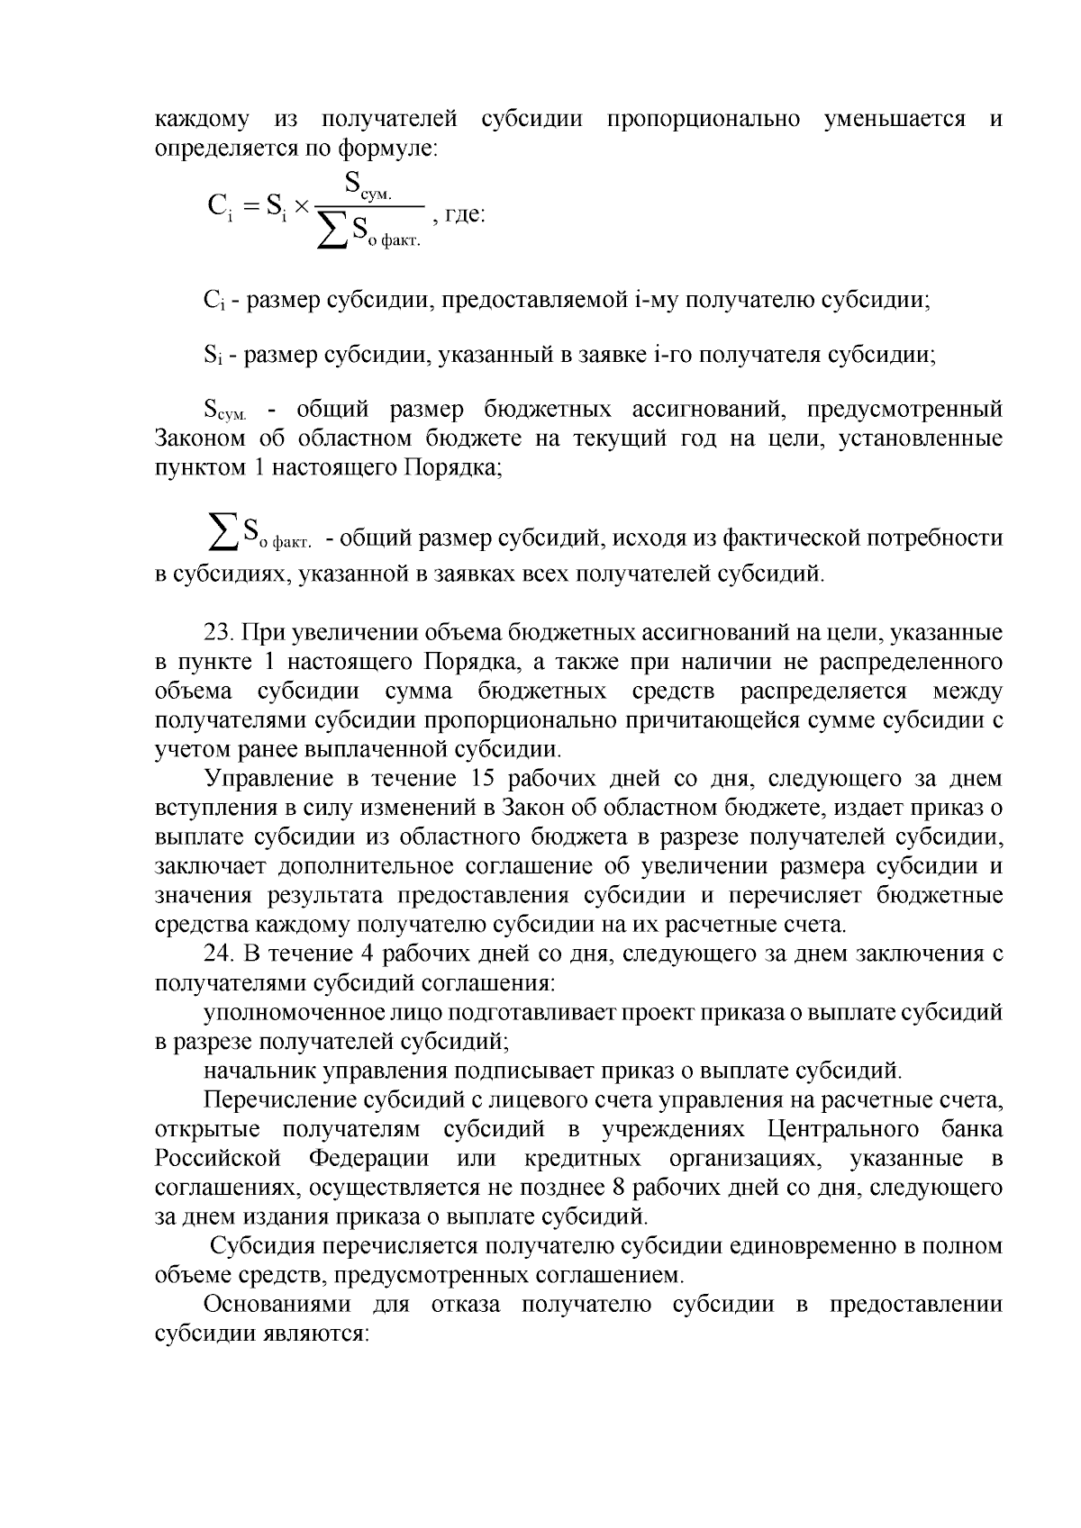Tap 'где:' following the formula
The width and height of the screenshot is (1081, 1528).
tap(466, 217)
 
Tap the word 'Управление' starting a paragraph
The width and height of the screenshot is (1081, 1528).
tap(261, 779)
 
